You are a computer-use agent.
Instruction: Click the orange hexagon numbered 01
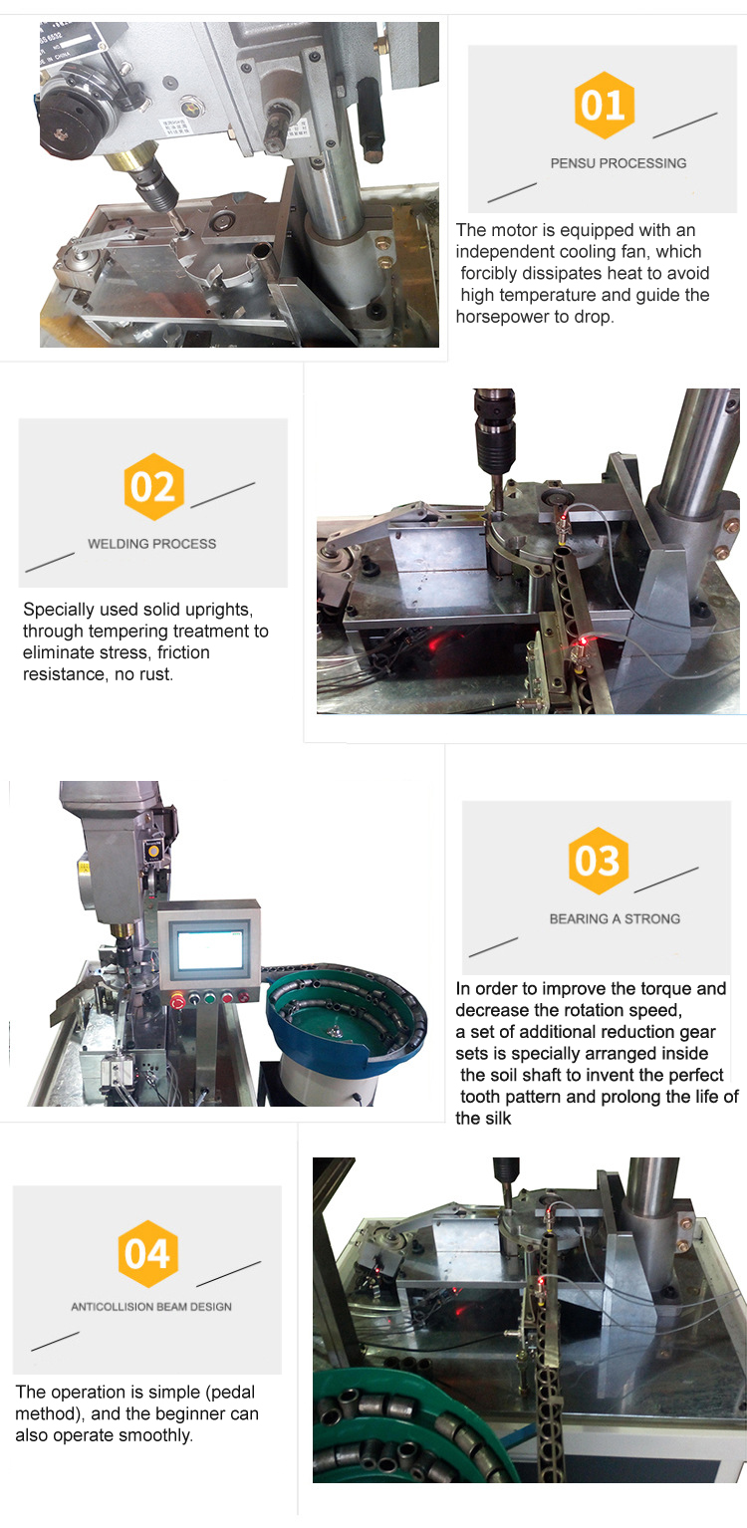click(604, 105)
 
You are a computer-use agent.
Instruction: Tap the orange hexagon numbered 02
click(154, 486)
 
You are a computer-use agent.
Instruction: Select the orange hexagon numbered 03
click(599, 861)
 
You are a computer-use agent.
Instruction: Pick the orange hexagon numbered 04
click(148, 1254)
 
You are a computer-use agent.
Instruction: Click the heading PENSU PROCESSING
click(619, 163)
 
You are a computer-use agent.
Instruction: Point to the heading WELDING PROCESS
click(151, 544)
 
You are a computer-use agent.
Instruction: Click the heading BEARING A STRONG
click(615, 918)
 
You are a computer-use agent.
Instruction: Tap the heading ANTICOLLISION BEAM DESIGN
click(151, 1306)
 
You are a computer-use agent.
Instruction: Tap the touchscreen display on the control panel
click(210, 947)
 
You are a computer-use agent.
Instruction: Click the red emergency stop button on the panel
click(177, 1001)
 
